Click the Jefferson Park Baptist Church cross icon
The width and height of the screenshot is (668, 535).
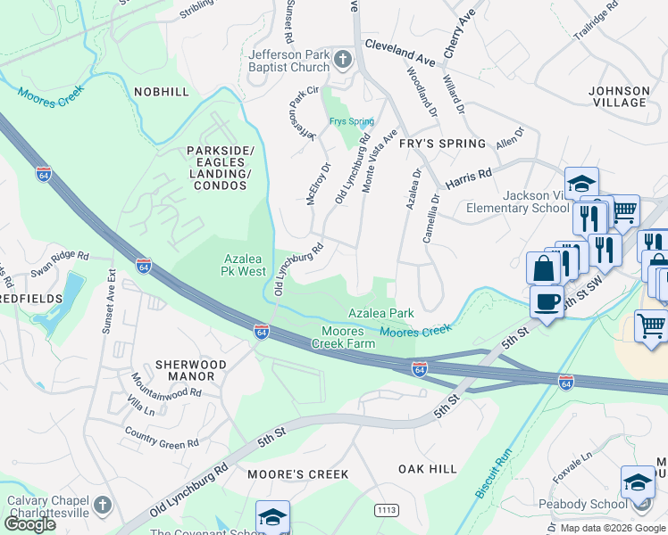point(344,61)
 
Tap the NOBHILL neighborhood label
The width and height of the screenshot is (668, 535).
point(162,92)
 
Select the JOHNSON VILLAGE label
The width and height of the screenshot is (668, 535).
point(619,96)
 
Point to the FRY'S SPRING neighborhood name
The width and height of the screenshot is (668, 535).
point(442,144)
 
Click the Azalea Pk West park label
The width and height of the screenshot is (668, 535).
point(244,264)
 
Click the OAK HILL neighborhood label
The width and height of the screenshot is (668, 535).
point(427,468)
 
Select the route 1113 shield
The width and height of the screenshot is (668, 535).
point(387,509)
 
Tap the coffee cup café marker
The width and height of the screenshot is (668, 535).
point(546,301)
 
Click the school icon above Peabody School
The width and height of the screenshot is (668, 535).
point(638,482)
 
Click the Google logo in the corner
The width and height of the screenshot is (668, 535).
point(29,523)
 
